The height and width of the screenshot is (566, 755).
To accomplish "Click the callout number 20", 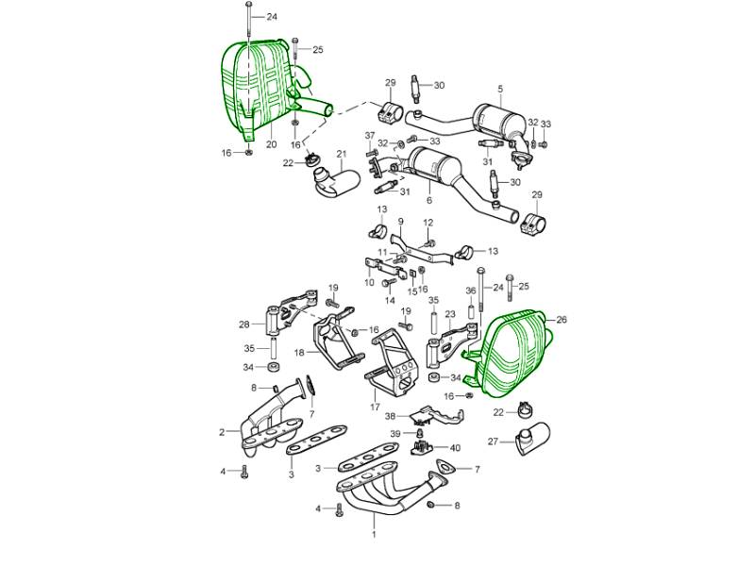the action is pos(271,144).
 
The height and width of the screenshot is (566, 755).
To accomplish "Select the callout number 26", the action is pos(562,320).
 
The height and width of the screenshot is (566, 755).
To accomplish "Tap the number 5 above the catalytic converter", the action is pos(500,89).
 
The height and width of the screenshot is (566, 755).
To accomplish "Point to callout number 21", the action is pos(342,154).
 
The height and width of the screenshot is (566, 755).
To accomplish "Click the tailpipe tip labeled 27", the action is pos(532,438).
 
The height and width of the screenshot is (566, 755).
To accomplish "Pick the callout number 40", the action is pos(455,448).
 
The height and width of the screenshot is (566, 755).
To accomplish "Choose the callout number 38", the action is pos(390,416).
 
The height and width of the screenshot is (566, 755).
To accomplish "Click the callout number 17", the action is pos(375,408).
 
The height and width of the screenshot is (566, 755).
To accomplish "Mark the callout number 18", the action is pos(299,353).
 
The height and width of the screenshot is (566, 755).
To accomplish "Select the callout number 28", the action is pos(244,325).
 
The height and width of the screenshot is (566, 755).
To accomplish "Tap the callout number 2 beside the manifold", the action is pos(222,432).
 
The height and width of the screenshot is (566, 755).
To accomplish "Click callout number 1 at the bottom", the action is pos(373,534).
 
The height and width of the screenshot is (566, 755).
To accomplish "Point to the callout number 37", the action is pos(369,135).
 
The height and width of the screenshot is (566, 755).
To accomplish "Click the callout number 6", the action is pos(429,200).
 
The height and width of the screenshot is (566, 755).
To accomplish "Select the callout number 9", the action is pos(400,222).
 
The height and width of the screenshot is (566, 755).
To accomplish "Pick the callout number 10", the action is pos(369,282).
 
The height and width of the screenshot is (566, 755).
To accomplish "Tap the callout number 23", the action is pos(450,315).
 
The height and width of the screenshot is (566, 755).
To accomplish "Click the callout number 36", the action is pos(470,291).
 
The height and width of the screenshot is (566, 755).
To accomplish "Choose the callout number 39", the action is pos(395,434).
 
